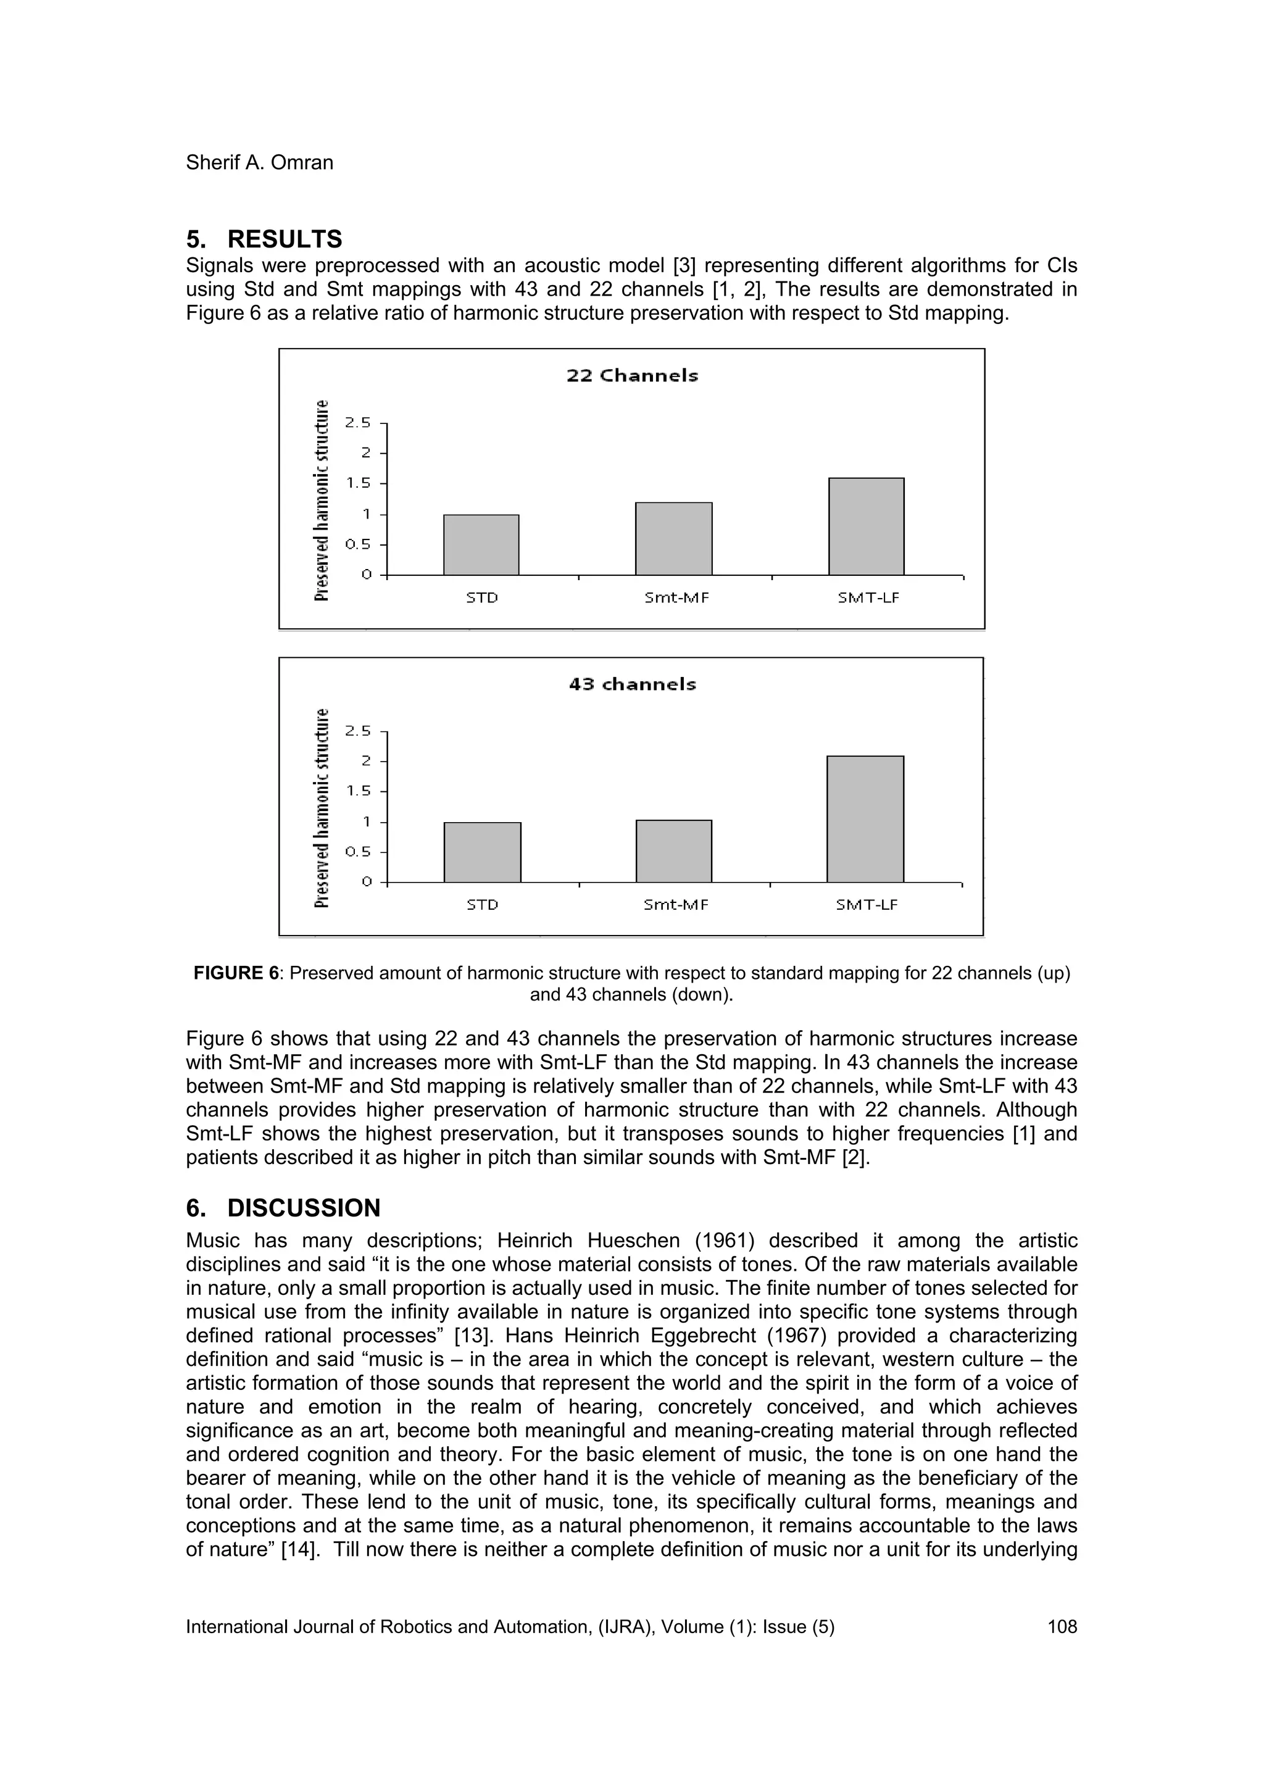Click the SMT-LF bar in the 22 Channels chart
tap(866, 526)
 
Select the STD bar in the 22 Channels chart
tap(481, 544)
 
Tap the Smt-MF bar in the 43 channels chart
tap(674, 850)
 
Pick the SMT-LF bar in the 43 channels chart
tap(865, 818)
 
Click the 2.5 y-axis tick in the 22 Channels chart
tap(359, 423)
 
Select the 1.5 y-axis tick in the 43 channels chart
tap(359, 791)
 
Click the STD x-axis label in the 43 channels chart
tap(482, 905)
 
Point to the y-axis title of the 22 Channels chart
tap(321, 500)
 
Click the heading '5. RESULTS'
tap(264, 238)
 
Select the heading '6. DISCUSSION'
tap(283, 1208)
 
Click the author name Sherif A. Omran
tap(259, 163)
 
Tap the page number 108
tap(1062, 1627)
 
